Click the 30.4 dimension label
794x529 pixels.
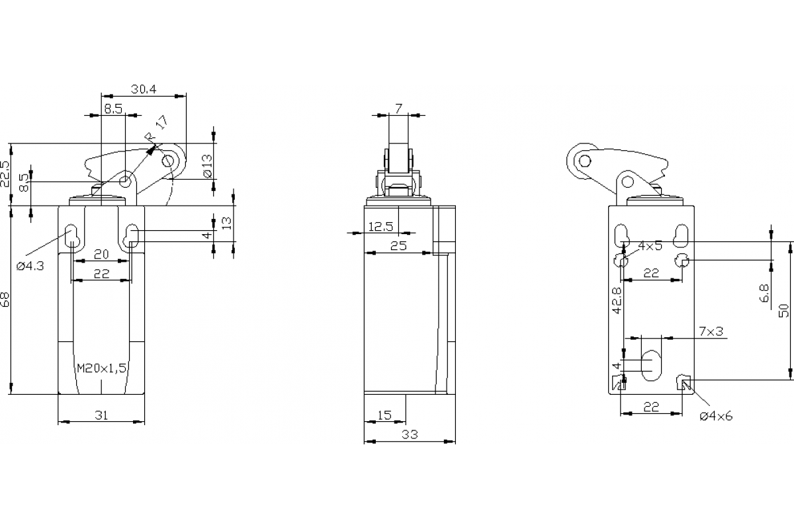[x=144, y=89]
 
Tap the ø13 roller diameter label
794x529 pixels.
[x=208, y=166]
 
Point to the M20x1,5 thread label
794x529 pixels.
[x=102, y=368]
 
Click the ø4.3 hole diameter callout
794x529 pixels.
[x=30, y=266]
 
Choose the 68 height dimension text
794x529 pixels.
[x=5, y=300]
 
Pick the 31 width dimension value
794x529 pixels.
[x=101, y=415]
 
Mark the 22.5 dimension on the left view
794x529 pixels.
[x=5, y=174]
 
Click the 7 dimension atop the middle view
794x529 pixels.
[x=399, y=108]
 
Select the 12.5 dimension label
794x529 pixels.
[x=380, y=226]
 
